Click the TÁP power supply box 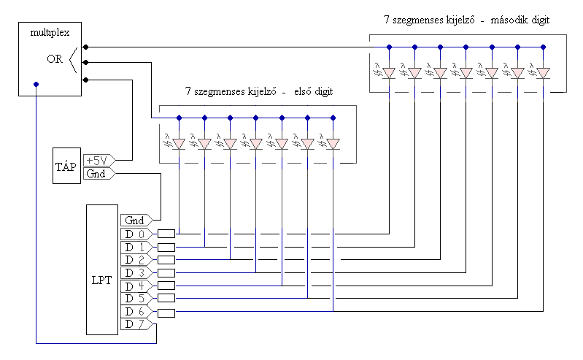pos(66,166)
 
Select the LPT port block pos(102,269)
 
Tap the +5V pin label pos(99,161)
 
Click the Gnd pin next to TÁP pos(99,174)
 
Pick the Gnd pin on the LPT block pos(136,221)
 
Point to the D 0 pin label pos(136,234)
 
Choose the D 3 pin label pos(136,273)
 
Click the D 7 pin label pos(136,324)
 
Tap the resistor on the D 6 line pos(166,313)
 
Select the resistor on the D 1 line pos(166,248)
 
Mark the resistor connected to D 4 pos(166,286)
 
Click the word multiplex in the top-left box pos(50,33)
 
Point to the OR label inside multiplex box pos(55,59)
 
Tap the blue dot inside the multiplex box pos(36,85)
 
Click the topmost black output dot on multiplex pos(85,47)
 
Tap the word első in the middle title pos(303,91)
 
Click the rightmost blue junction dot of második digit pos(543,47)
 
